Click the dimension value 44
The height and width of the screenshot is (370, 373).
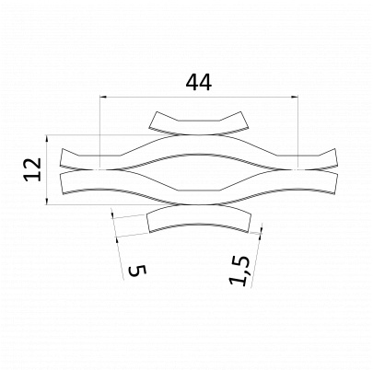(x=199, y=83)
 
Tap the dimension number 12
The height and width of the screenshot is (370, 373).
(x=33, y=169)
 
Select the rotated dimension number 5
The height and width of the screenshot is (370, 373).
(x=137, y=271)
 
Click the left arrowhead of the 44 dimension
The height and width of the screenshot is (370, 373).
(x=103, y=97)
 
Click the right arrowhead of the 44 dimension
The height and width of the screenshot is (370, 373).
(x=295, y=97)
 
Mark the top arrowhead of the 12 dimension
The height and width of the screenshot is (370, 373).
(x=47, y=139)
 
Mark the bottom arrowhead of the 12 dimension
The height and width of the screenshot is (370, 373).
(x=47, y=201)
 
